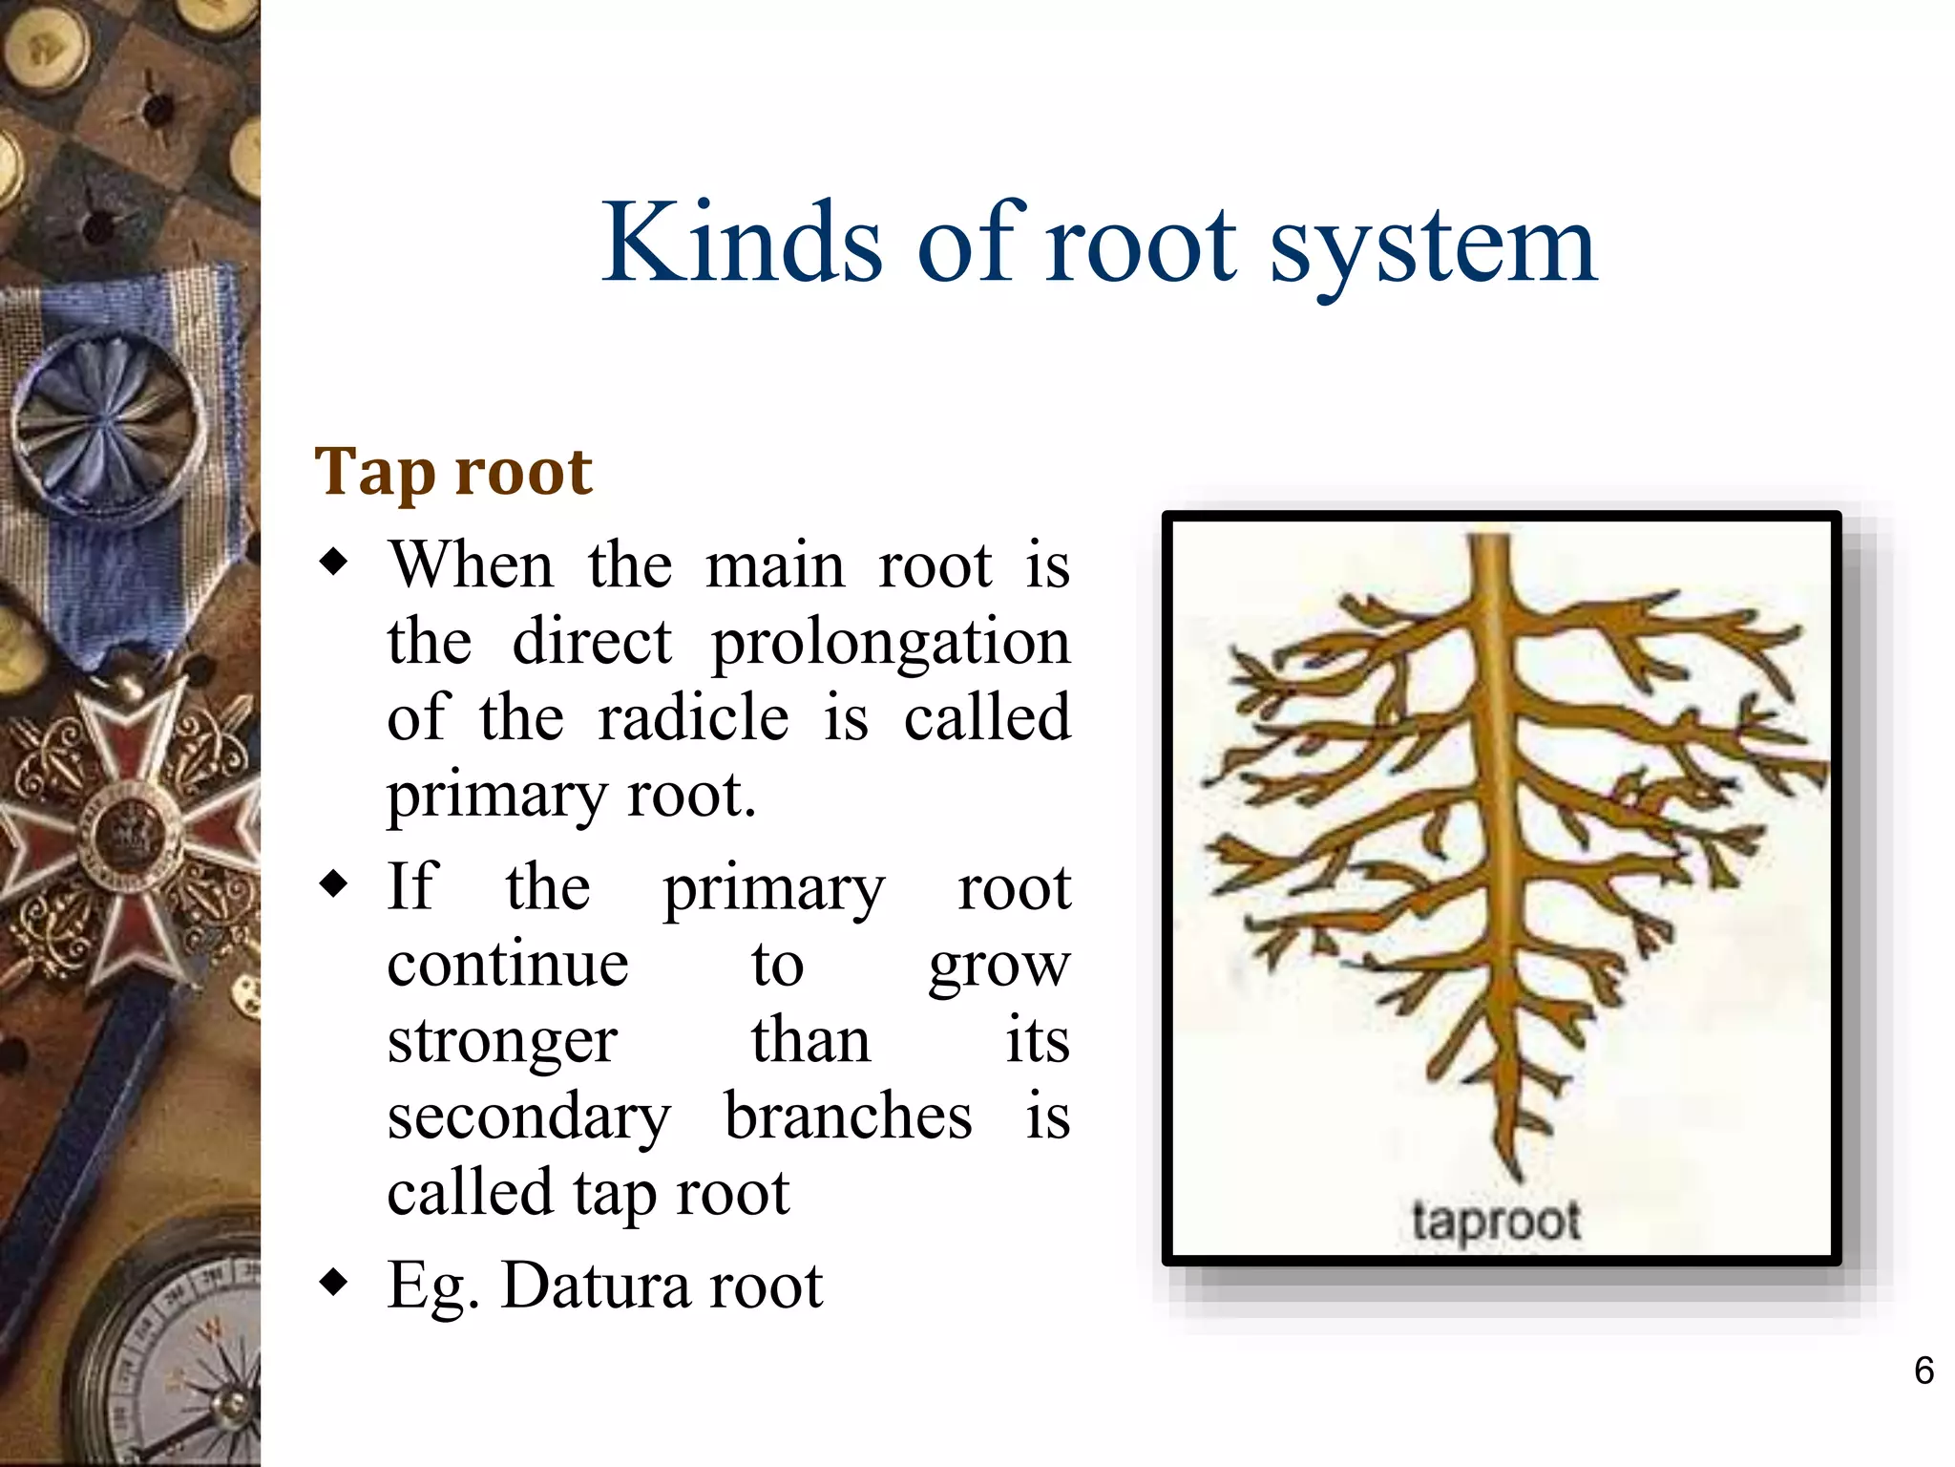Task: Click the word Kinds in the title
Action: pos(741,244)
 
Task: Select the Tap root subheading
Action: pos(453,473)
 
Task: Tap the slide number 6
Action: pos(1923,1371)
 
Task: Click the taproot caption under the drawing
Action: pos(1495,1222)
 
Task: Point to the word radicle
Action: pos(693,718)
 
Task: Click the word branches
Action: pos(848,1116)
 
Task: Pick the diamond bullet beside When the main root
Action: pos(334,562)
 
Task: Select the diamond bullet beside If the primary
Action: pos(334,883)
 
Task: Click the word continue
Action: pos(508,965)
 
